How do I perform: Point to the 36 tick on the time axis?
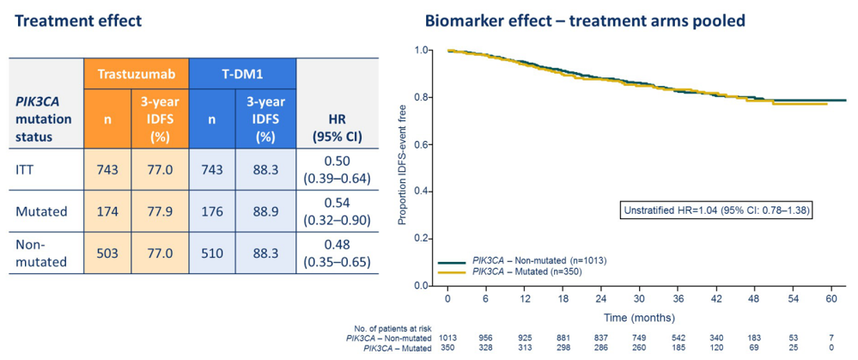678,297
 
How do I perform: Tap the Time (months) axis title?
640,318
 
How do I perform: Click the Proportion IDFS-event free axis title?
401,167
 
